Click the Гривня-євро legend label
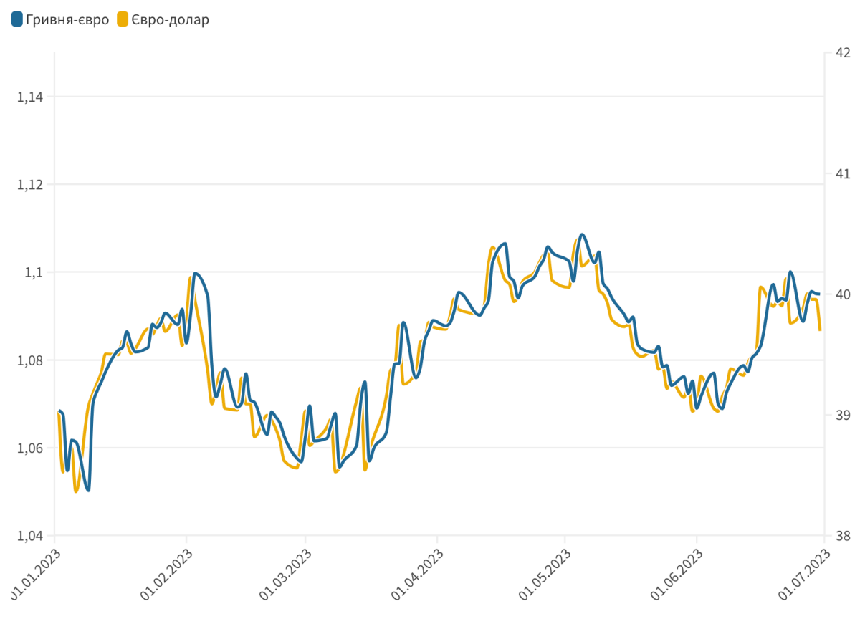(x=67, y=20)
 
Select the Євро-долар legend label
(x=171, y=20)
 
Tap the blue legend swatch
(x=17, y=20)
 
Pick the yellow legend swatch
(x=123, y=20)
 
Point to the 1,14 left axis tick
(x=29, y=97)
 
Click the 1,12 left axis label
(x=29, y=185)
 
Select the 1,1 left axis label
(x=34, y=272)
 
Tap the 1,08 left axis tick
(x=29, y=360)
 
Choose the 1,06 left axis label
(x=29, y=448)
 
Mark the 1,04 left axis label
(x=29, y=536)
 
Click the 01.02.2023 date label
(x=166, y=575)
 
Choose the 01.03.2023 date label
(x=285, y=575)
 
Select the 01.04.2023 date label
(x=417, y=575)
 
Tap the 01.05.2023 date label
(x=545, y=575)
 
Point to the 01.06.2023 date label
(x=677, y=575)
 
